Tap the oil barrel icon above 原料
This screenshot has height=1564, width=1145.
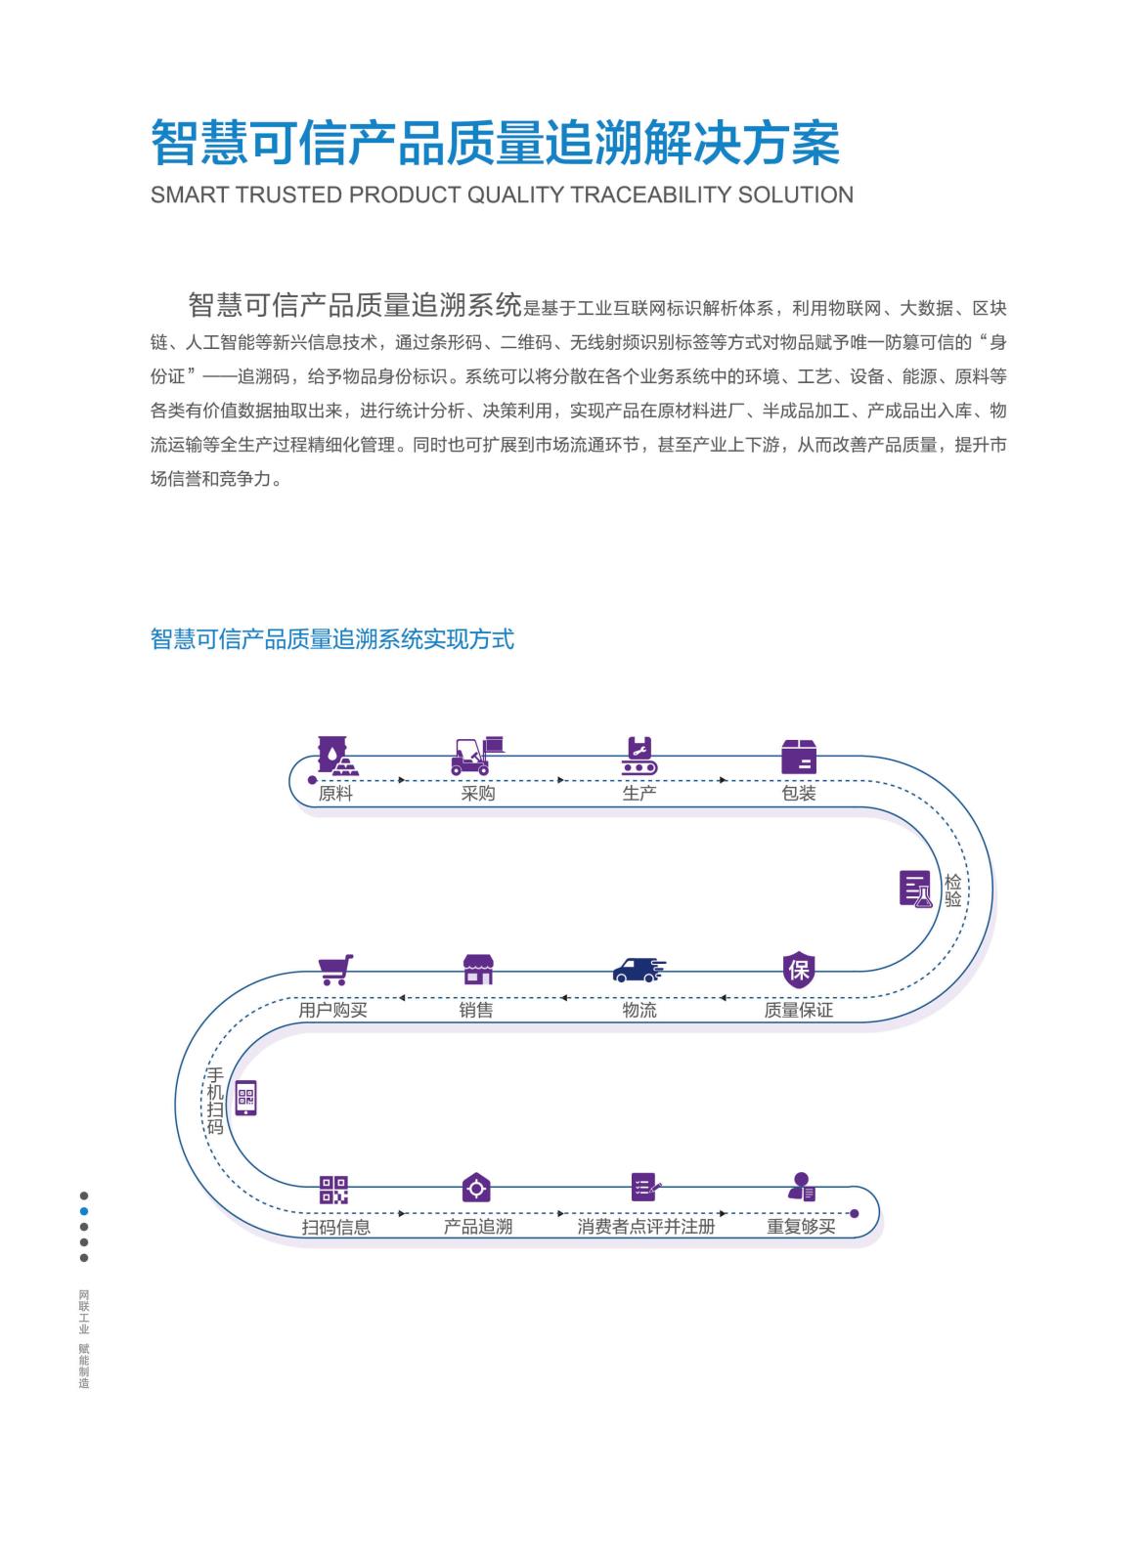337,756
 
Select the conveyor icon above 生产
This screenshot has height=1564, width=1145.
639,756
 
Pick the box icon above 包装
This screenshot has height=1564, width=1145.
799,757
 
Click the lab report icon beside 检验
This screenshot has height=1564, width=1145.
915,889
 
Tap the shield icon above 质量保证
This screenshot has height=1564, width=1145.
799,969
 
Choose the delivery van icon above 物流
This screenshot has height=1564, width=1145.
639,970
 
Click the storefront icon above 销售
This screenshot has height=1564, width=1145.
478,969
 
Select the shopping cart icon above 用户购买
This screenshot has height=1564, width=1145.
335,970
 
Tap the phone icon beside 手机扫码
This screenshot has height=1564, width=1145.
245,1098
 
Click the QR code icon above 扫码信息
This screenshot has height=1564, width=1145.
333,1190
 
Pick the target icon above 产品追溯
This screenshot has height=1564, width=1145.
476,1188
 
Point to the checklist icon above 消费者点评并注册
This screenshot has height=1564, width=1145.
645,1187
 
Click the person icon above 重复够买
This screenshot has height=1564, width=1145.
801,1187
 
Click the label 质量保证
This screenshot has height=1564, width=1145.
798,1011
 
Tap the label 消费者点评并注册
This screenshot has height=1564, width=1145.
645,1227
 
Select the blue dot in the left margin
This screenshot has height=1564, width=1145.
84,1211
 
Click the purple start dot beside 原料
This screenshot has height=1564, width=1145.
312,780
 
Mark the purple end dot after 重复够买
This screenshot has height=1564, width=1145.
854,1213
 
